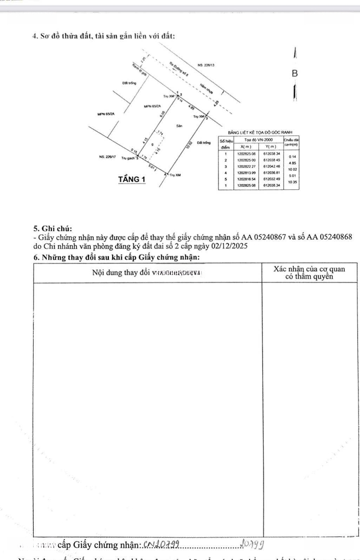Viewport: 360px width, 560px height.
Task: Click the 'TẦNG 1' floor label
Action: [132, 179]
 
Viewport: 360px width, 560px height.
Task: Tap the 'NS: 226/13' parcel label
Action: [206, 65]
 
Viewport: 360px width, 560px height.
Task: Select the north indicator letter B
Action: [295, 74]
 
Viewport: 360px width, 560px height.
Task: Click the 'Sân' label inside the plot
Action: [178, 126]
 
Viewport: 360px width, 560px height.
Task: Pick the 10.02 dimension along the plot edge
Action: [191, 144]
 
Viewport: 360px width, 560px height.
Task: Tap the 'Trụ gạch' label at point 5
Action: [129, 158]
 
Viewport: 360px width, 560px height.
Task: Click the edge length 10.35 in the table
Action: [292, 182]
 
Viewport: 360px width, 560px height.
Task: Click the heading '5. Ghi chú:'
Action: [53, 228]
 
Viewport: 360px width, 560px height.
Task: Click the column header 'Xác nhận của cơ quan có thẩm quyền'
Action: [309, 272]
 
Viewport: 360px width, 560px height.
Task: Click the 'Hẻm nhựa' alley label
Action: [205, 89]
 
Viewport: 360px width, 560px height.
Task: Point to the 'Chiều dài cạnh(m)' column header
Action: [292, 142]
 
